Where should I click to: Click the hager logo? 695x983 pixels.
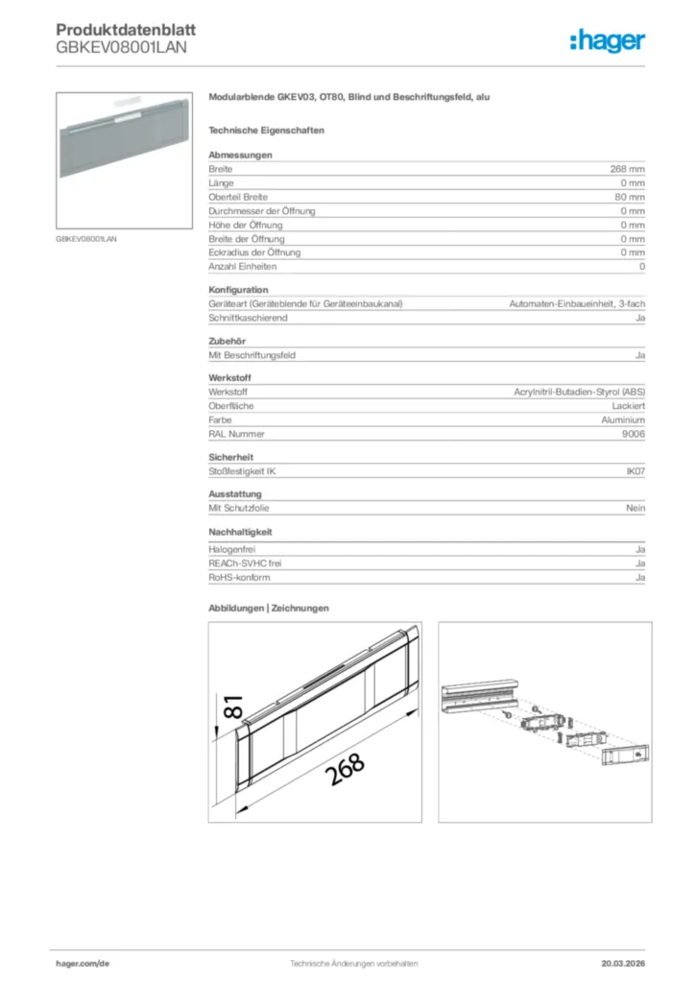point(607,39)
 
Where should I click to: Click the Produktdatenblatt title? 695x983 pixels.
point(120,30)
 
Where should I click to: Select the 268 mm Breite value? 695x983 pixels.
point(628,169)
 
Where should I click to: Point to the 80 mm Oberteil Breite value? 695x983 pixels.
point(630,197)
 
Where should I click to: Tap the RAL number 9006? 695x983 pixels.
point(634,434)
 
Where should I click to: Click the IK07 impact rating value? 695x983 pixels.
point(635,471)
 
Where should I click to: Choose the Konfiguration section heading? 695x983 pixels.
point(238,290)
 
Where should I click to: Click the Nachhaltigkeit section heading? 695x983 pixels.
point(241,532)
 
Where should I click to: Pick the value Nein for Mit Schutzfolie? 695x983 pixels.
point(635,509)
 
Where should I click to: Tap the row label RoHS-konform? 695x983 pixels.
point(239,578)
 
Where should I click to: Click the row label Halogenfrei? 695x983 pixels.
point(231,550)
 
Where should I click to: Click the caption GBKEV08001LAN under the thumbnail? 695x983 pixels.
point(86,240)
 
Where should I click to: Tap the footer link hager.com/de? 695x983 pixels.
point(83,963)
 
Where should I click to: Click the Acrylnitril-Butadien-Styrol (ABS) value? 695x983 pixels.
point(580,393)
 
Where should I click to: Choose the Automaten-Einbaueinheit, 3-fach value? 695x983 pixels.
point(576,304)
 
